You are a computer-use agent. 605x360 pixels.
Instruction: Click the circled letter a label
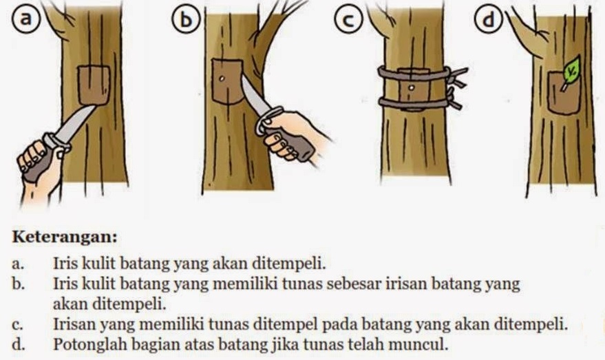(26, 19)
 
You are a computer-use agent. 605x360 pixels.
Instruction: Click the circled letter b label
(187, 20)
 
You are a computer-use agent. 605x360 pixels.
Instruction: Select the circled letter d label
(489, 20)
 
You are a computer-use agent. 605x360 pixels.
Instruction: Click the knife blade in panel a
(74, 123)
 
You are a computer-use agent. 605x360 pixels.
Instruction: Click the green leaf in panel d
(571, 71)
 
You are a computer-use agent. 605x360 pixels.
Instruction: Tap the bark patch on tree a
(94, 85)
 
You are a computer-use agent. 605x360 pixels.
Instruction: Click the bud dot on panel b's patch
(222, 78)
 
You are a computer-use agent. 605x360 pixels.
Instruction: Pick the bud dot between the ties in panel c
(412, 88)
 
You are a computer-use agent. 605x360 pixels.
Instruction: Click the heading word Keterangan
(65, 237)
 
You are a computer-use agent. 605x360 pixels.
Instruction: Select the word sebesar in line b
(356, 284)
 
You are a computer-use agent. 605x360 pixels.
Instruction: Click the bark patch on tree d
(564, 93)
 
